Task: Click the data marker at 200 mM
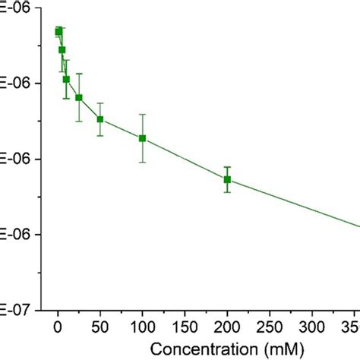point(226,179)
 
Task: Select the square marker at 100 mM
point(142,138)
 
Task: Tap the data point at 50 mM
point(100,119)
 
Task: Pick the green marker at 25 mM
point(79,97)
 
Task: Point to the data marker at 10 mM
point(66,79)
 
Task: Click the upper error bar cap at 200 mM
point(226,166)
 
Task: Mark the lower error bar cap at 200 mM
point(226,192)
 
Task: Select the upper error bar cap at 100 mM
point(142,114)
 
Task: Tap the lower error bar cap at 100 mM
point(142,162)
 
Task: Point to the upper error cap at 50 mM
point(100,103)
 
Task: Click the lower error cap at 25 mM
point(79,121)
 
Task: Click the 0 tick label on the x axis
point(58,327)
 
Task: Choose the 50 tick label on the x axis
point(99,327)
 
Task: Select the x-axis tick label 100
point(142,327)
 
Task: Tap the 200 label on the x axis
point(226,327)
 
